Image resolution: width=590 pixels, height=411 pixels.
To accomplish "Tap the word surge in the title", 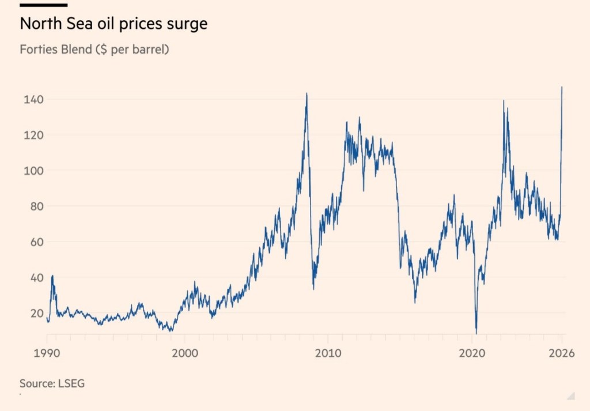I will tap(186, 25).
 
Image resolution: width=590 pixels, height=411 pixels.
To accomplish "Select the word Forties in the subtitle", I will tap(37, 50).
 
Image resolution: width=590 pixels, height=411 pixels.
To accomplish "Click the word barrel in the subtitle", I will tap(147, 50).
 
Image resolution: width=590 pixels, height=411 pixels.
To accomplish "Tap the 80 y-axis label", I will tap(29, 206).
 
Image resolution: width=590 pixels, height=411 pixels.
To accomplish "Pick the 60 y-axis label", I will tap(29, 242).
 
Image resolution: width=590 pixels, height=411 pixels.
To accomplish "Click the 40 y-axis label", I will tap(29, 277).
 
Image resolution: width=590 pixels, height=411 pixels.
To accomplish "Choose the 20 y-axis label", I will tap(29, 313).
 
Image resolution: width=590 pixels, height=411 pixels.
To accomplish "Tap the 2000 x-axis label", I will tap(186, 353).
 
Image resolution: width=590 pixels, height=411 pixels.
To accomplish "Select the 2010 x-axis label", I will tap(328, 353).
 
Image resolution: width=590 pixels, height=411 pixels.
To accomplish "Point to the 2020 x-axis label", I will tap(471, 353).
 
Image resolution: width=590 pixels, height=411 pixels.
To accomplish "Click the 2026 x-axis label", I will tap(561, 353).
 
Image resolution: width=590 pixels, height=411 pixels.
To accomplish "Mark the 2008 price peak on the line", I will tap(307, 93).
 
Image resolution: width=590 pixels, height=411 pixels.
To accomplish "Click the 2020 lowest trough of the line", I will tap(476, 333).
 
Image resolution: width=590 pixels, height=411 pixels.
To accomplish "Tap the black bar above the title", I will tap(43, 5).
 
